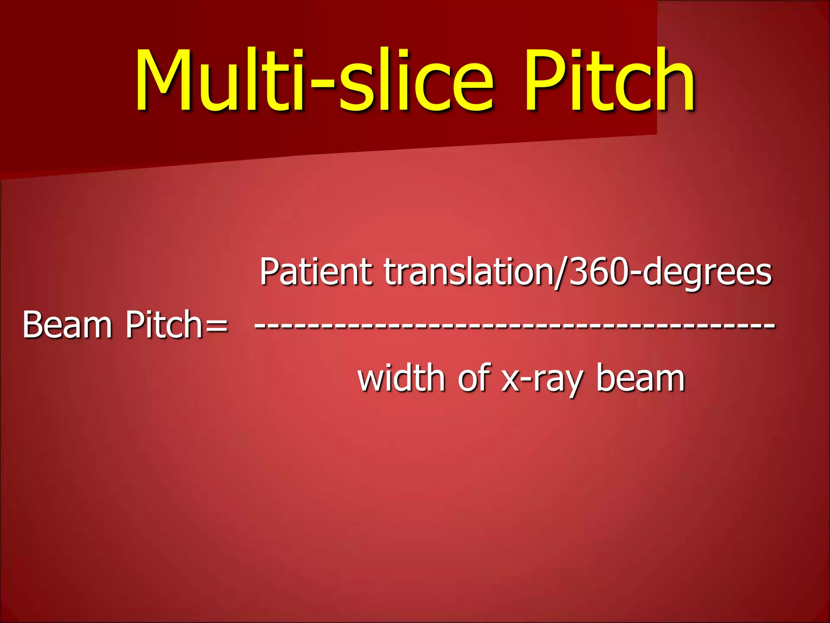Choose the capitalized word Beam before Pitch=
point(67,324)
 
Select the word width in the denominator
point(401,378)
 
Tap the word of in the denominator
point(474,378)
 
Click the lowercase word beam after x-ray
point(640,378)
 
